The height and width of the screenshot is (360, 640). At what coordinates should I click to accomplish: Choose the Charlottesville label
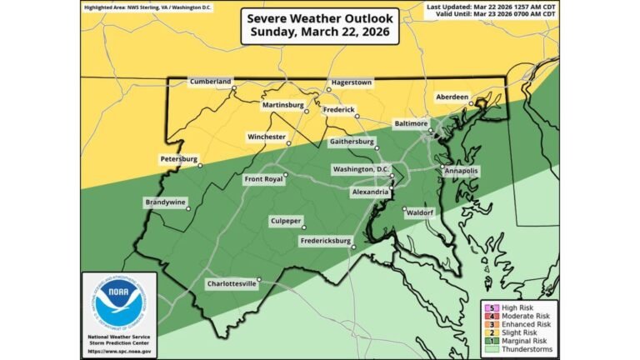(x=232, y=283)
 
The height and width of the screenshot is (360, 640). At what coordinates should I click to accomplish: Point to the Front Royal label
(x=263, y=179)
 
